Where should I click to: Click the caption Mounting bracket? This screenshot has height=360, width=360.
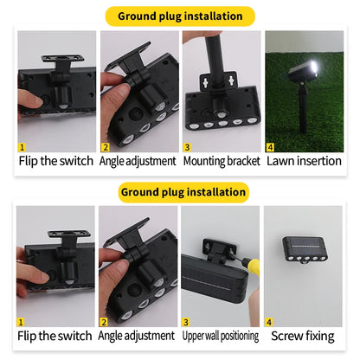221,160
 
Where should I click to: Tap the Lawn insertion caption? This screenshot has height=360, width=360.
303,160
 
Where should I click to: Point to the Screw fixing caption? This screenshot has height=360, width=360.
303,335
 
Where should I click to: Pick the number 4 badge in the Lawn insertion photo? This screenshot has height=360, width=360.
270,147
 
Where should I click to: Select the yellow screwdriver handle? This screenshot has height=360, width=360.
251,268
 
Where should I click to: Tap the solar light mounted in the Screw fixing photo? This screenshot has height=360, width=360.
306,251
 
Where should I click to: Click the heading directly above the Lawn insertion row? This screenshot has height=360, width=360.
180,16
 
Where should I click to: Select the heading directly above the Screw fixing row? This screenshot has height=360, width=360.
180,191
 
